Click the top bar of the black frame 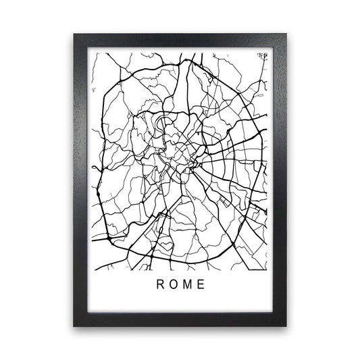180,40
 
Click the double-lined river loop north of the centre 162,123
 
